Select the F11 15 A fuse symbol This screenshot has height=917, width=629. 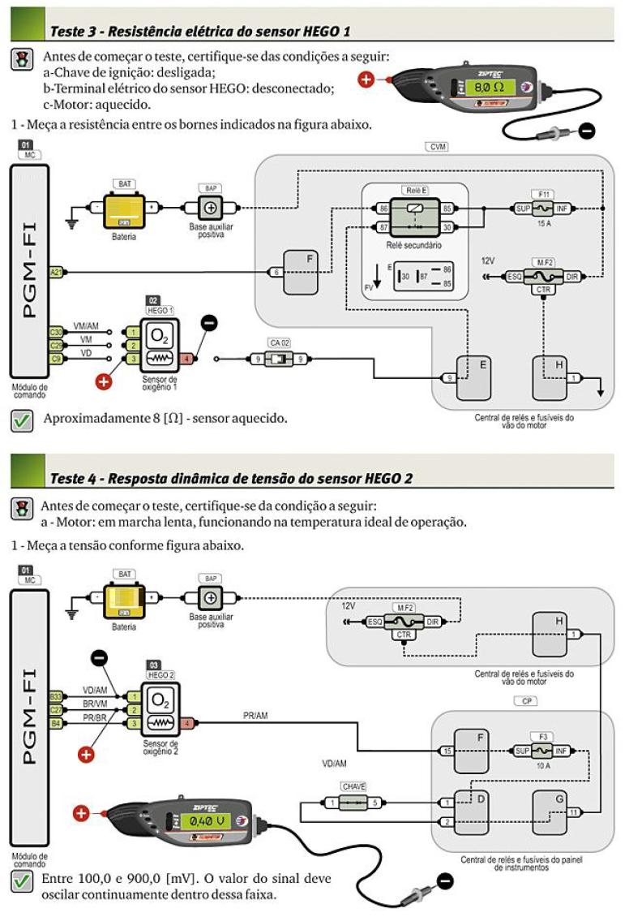[x=541, y=209]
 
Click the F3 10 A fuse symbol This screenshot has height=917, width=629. [x=541, y=751]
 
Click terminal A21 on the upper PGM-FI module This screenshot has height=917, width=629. [x=56, y=272]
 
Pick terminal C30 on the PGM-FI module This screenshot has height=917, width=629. [x=56, y=332]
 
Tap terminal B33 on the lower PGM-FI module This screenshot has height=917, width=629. [x=56, y=696]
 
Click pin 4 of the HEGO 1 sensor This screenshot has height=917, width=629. [x=187, y=359]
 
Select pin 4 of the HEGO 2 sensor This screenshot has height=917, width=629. [x=187, y=722]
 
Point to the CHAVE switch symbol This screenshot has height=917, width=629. [x=353, y=803]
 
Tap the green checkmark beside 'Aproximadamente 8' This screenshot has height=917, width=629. [x=23, y=420]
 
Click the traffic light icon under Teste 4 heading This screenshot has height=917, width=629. [x=22, y=508]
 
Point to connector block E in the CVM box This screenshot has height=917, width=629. [x=475, y=377]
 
